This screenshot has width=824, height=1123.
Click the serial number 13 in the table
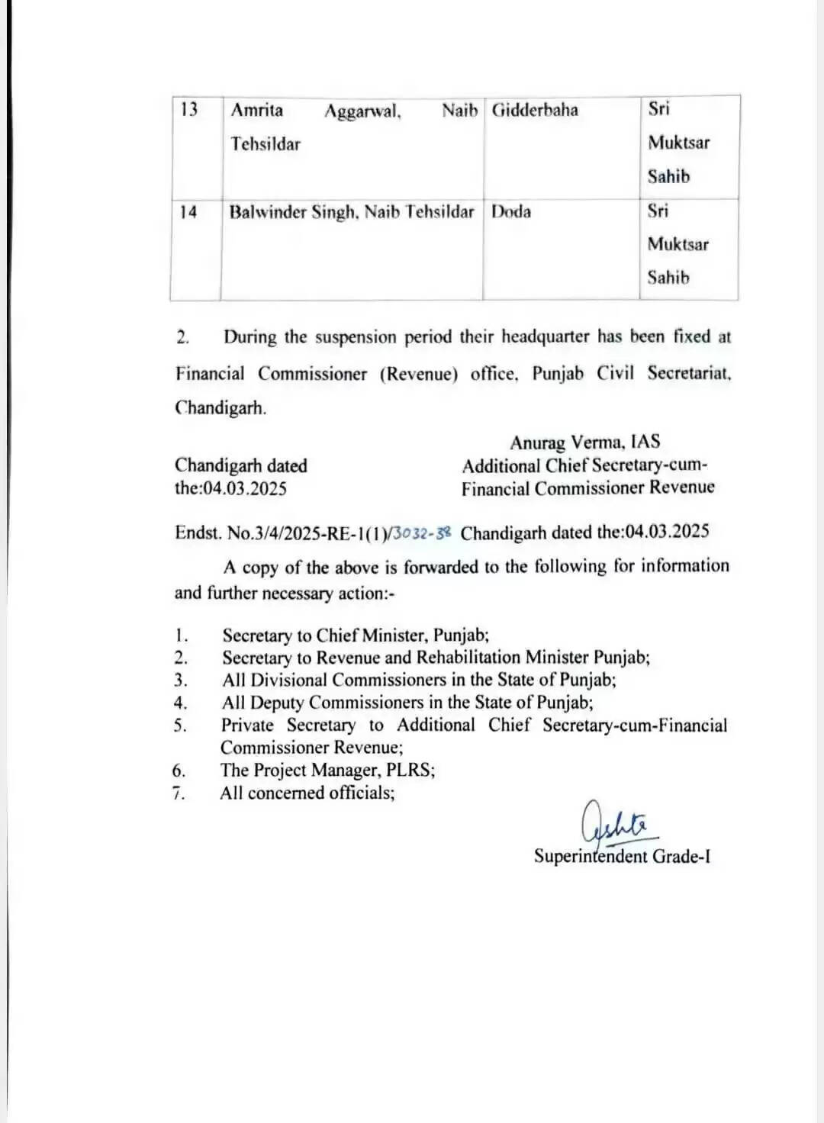click(188, 110)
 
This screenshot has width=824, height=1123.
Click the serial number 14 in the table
click(188, 212)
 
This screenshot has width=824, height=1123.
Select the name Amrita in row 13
click(256, 111)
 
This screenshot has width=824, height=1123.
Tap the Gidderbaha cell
click(535, 110)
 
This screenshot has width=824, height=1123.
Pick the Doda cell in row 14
click(511, 212)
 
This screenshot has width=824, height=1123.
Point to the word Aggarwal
click(362, 112)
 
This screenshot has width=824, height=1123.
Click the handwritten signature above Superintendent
click(615, 823)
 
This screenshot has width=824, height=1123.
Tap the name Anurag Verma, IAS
click(585, 442)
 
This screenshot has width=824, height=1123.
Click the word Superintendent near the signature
click(591, 856)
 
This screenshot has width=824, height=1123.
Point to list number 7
click(179, 793)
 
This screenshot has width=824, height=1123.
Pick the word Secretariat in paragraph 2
click(689, 373)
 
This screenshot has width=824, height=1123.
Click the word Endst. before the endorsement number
click(198, 533)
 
